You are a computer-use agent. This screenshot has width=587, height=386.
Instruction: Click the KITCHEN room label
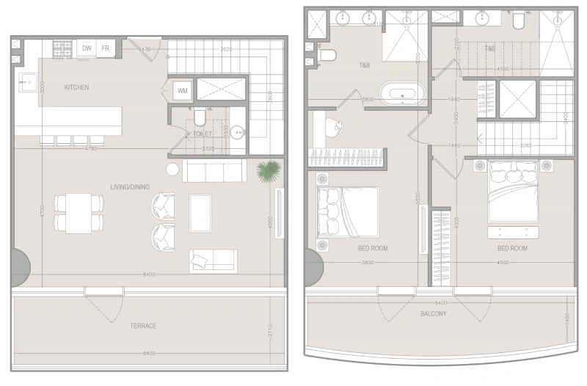coord(76,87)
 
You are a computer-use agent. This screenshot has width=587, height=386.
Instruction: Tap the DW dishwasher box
coord(87,48)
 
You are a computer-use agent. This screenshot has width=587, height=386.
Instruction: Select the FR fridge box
coord(106,48)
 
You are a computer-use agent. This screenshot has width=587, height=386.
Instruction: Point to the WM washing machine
coord(181,91)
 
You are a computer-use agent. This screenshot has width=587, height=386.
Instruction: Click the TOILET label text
coord(202,134)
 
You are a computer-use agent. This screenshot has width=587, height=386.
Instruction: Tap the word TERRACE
coord(144,326)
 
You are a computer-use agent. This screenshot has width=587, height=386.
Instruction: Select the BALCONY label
coord(434,314)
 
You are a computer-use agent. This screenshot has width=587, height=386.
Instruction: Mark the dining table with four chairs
coord(79,213)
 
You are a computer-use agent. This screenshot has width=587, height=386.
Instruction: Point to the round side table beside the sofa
coord(172,170)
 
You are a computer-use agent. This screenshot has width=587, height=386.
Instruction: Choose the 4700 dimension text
coord(43,211)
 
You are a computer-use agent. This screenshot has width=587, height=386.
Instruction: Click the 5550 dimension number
coord(417,198)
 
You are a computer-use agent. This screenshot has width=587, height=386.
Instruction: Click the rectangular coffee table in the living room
coord(200,212)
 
